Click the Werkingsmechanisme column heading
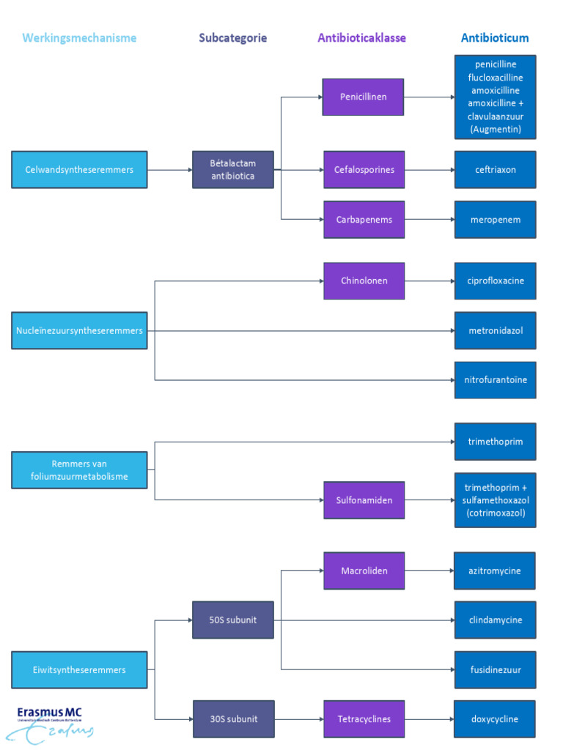tap(79, 38)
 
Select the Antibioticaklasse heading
tap(361, 38)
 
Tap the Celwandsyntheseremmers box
tap(79, 170)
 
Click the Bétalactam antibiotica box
tap(233, 170)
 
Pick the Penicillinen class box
tap(363, 97)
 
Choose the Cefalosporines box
tap(364, 170)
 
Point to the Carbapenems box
tap(364, 220)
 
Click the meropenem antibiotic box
tap(495, 220)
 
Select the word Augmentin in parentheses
tap(496, 130)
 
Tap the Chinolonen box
tap(364, 281)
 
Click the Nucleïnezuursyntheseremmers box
tap(79, 331)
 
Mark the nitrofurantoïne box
tap(495, 380)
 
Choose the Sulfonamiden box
tap(364, 500)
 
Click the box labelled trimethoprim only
tap(495, 442)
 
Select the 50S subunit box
tap(233, 620)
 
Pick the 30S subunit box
tap(233, 719)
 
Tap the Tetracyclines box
tap(364, 719)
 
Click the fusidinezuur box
tap(495, 669)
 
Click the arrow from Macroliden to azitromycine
tap(429, 571)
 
